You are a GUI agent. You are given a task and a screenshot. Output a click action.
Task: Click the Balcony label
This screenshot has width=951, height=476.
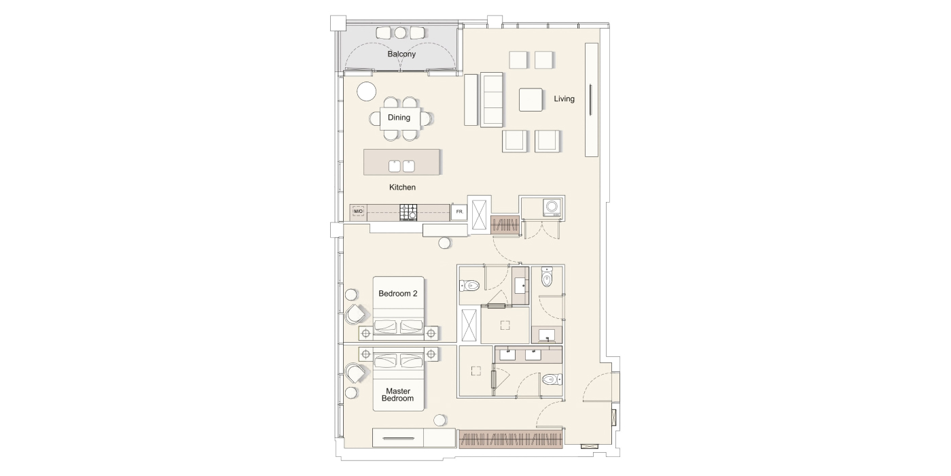[401, 54]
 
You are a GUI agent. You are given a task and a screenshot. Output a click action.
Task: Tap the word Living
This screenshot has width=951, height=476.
[564, 99]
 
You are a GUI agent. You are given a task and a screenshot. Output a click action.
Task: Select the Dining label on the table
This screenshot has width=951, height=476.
[399, 117]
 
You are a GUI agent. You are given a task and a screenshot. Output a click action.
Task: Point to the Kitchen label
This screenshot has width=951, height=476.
[402, 187]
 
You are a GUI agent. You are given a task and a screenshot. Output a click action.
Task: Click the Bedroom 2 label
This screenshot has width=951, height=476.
[398, 293]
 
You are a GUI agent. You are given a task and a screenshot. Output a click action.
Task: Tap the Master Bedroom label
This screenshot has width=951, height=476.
[398, 394]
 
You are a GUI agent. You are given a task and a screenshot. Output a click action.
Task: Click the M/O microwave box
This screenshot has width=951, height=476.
[359, 211]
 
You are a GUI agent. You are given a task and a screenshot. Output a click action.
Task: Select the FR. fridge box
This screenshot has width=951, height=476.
[459, 211]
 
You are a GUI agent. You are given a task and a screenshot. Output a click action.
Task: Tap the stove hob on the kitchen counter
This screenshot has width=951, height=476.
[408, 212]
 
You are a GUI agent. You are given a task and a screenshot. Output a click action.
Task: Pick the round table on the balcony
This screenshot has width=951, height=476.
[400, 33]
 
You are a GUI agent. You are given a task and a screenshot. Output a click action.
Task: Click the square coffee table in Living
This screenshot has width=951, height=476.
[531, 99]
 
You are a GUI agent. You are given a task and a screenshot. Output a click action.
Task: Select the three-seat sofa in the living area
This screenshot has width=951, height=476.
[492, 100]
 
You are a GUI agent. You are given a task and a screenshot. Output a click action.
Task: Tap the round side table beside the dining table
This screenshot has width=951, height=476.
[366, 91]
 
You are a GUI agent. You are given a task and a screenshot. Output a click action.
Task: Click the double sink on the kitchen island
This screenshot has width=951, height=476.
[401, 166]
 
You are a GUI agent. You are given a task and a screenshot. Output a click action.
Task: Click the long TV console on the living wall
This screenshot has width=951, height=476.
[592, 100]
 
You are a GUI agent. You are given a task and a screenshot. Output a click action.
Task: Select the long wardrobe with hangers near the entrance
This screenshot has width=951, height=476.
[511, 439]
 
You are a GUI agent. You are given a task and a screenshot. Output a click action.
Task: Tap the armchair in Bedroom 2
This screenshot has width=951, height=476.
[355, 314]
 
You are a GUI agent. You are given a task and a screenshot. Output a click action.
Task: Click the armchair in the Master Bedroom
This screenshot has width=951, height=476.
[355, 373]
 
